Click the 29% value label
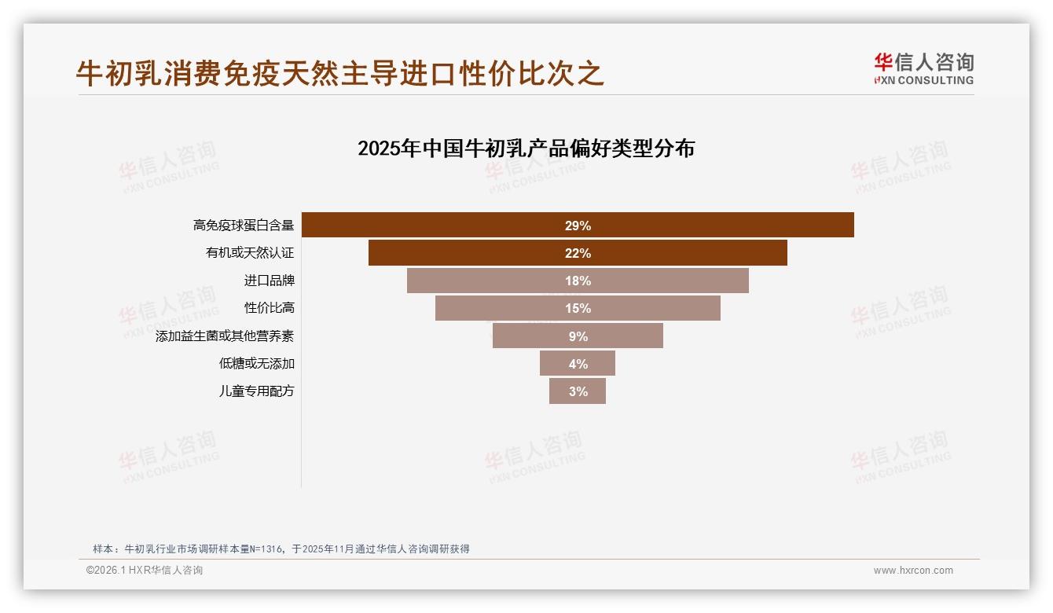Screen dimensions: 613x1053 [578, 226]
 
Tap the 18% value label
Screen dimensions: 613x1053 [578, 281]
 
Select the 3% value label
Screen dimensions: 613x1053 [578, 391]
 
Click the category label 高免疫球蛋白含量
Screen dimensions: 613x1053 [244, 226]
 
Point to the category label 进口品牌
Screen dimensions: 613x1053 [269, 281]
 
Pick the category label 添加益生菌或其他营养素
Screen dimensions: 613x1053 [225, 336]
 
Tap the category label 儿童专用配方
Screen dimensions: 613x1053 [256, 391]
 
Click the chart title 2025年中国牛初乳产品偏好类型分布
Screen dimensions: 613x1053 [526, 149]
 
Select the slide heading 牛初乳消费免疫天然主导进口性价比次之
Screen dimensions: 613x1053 [339, 74]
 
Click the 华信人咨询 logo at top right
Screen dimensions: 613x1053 [923, 68]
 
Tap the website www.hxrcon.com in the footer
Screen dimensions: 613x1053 [913, 571]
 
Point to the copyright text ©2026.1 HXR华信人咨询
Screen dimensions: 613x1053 [145, 571]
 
